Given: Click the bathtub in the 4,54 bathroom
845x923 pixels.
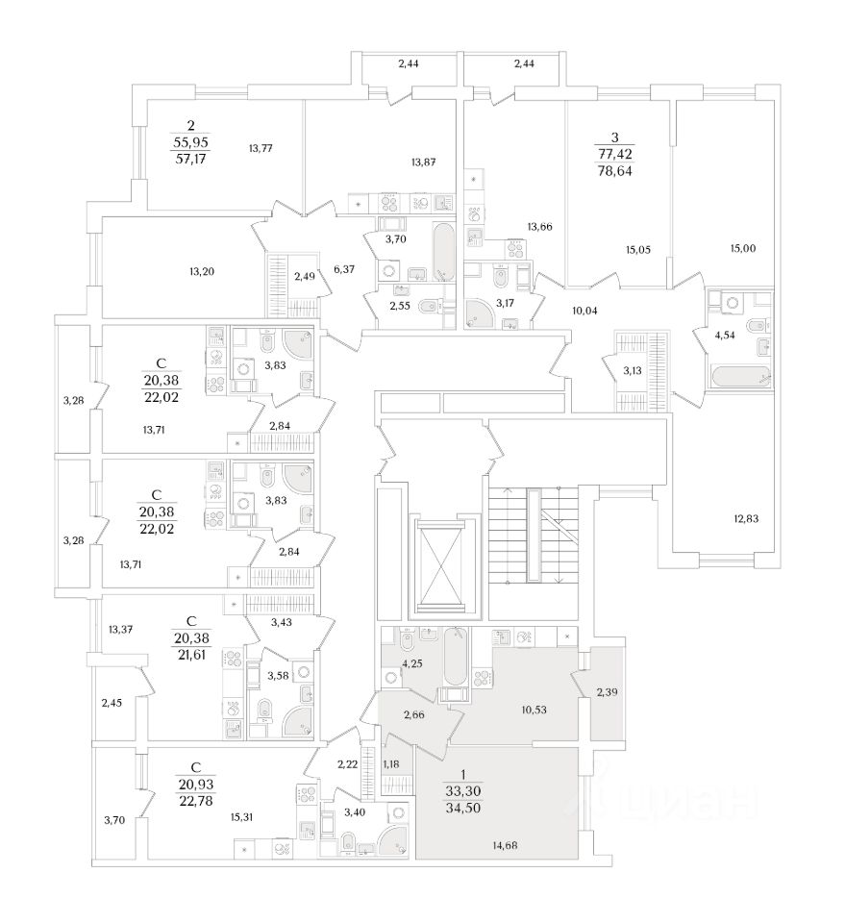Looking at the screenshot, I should click(737, 374).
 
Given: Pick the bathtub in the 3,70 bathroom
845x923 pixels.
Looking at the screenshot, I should click(444, 252).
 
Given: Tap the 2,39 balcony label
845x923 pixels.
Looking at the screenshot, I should click(608, 693).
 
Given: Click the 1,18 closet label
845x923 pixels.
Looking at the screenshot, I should click(391, 763).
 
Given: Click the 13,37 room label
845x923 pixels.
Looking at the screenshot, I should click(120, 630).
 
